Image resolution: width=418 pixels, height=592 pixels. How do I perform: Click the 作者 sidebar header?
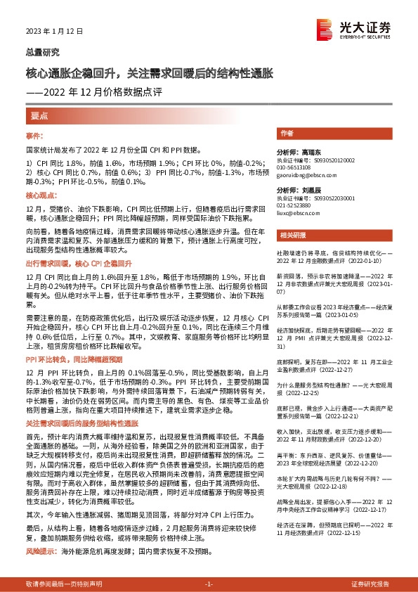pyautogui.click(x=286, y=133)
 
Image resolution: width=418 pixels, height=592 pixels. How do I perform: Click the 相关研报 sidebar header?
pyautogui.click(x=292, y=234)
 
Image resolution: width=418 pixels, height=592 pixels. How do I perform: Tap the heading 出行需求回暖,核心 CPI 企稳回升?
pyautogui.click(x=79, y=262)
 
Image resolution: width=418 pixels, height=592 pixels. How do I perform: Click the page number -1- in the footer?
pyautogui.click(x=209, y=584)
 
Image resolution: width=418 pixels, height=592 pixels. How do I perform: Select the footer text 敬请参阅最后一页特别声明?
pyautogui.click(x=64, y=584)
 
